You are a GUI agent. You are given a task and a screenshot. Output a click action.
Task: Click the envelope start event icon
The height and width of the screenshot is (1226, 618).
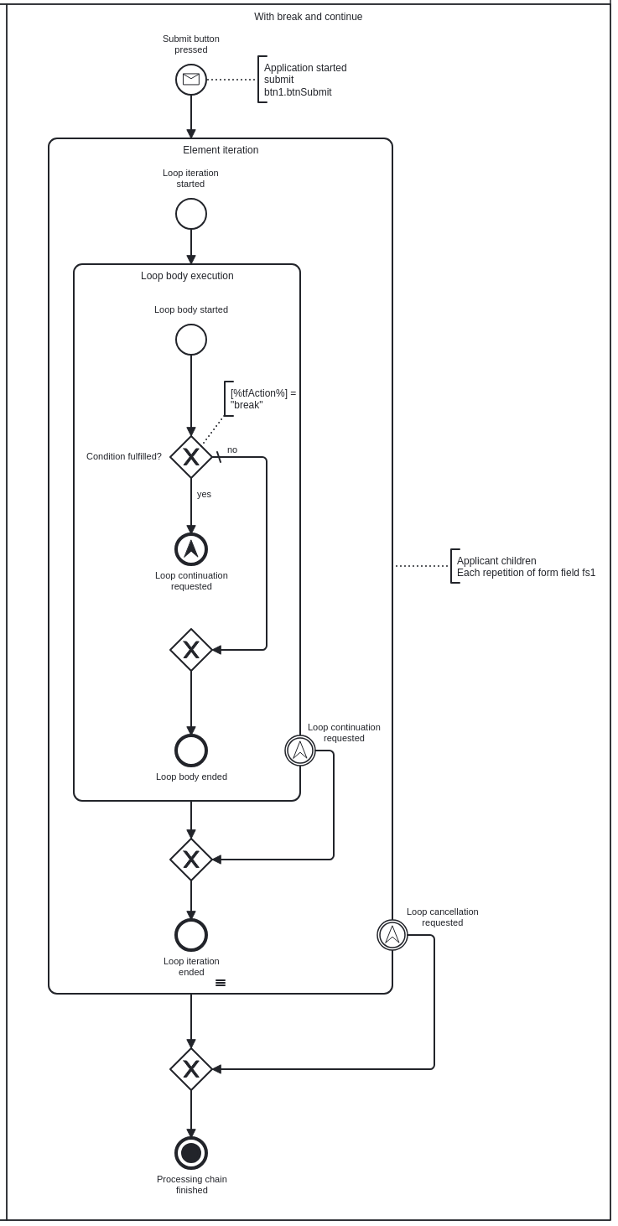[191, 80]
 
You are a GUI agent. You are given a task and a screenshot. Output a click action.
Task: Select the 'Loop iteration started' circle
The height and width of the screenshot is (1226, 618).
[191, 214]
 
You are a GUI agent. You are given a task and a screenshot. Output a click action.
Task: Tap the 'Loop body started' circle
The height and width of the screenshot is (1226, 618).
[191, 340]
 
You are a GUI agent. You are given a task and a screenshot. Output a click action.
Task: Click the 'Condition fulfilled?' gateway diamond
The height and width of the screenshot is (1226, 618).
[191, 457]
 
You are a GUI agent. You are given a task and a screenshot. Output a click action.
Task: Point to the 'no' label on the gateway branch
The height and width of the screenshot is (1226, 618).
[232, 449]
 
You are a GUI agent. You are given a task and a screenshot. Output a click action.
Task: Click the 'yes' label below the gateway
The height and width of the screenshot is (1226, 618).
[204, 494]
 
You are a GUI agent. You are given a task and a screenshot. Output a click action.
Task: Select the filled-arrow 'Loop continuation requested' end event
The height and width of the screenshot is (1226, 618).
[191, 549]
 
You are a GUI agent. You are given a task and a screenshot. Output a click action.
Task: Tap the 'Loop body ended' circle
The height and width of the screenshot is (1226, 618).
[191, 751]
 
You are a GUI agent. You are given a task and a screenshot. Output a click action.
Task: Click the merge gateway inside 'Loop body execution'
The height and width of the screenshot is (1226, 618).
[191, 650]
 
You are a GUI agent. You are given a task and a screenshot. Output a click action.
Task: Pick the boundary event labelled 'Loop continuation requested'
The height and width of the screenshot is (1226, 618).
[300, 751]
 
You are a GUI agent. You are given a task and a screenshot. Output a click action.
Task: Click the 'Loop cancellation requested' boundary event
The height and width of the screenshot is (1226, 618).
[392, 935]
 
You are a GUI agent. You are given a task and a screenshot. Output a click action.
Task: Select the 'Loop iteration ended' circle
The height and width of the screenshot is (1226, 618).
[191, 935]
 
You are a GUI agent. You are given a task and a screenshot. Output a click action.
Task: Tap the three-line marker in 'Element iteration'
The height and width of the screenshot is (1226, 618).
[221, 983]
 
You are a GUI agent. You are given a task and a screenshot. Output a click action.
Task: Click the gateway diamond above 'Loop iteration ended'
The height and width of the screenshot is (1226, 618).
[191, 860]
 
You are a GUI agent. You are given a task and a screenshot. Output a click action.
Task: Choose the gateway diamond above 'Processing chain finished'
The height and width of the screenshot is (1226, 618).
[191, 1069]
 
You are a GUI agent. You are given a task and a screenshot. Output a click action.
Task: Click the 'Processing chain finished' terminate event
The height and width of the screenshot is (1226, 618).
[191, 1153]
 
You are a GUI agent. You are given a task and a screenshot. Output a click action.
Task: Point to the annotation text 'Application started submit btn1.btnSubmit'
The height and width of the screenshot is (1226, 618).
[305, 80]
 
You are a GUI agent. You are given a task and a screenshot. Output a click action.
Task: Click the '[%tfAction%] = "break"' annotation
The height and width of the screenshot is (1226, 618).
[262, 398]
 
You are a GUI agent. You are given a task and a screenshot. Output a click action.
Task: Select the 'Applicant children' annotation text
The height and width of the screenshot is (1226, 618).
[496, 561]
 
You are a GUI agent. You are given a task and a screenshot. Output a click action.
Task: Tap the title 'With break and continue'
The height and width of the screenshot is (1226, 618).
[309, 17]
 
